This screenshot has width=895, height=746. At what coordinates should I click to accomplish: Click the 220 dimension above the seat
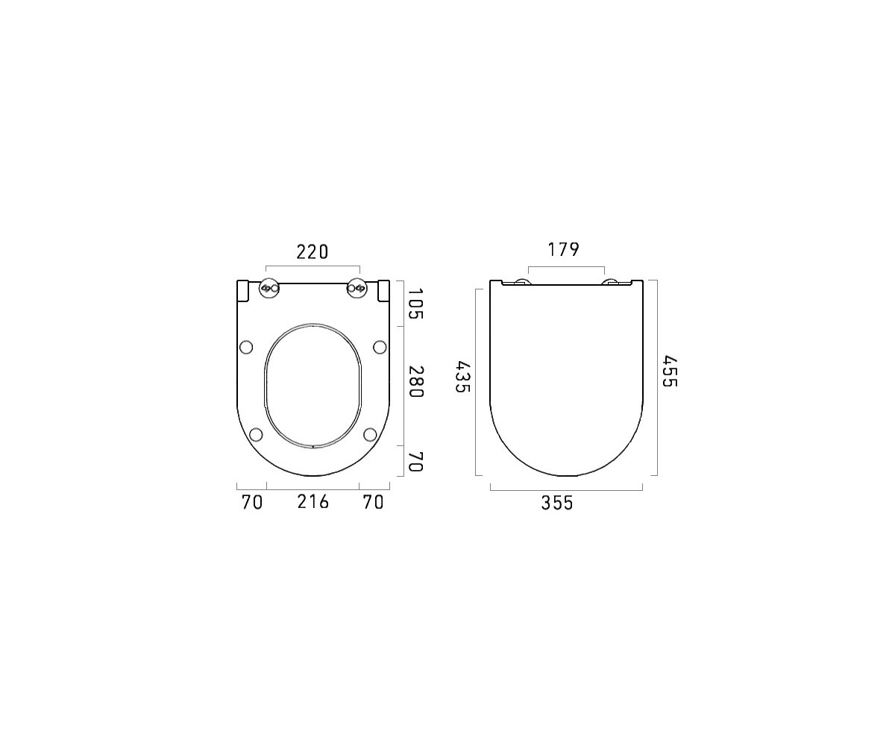[313, 252]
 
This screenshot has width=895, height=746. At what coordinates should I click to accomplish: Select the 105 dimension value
[415, 304]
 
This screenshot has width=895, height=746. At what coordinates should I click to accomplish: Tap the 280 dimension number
[415, 382]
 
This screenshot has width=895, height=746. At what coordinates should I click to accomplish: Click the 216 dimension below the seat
[313, 502]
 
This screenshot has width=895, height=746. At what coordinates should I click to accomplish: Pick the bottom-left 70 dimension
[252, 502]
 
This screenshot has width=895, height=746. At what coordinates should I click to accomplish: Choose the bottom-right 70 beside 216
[373, 502]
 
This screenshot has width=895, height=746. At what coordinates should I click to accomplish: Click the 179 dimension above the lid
[564, 250]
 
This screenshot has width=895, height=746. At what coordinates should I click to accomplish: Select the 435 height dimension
[462, 378]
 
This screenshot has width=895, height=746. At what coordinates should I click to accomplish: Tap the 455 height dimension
[669, 372]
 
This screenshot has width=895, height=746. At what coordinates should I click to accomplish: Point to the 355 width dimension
[557, 504]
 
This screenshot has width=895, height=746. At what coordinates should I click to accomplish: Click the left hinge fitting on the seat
[269, 288]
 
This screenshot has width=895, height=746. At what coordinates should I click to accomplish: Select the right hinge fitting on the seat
[357, 288]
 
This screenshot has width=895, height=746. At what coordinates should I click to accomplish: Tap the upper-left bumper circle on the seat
[246, 346]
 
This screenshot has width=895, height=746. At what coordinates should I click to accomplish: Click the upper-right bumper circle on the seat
[380, 346]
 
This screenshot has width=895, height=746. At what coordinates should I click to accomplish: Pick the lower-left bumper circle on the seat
[256, 434]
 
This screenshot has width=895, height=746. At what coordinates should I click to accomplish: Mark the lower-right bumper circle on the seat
[370, 434]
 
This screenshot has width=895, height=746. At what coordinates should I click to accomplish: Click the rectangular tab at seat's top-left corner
[242, 290]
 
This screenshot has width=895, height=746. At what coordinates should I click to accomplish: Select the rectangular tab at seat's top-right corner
[383, 290]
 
